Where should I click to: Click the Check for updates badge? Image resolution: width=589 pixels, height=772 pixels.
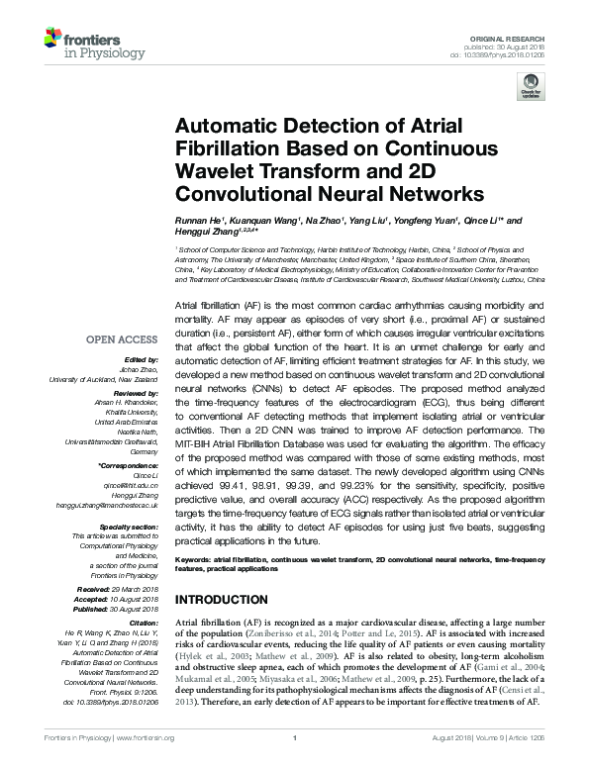pyautogui.click(x=532, y=90)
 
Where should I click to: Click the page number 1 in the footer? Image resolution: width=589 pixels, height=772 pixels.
pyautogui.click(x=295, y=765)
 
